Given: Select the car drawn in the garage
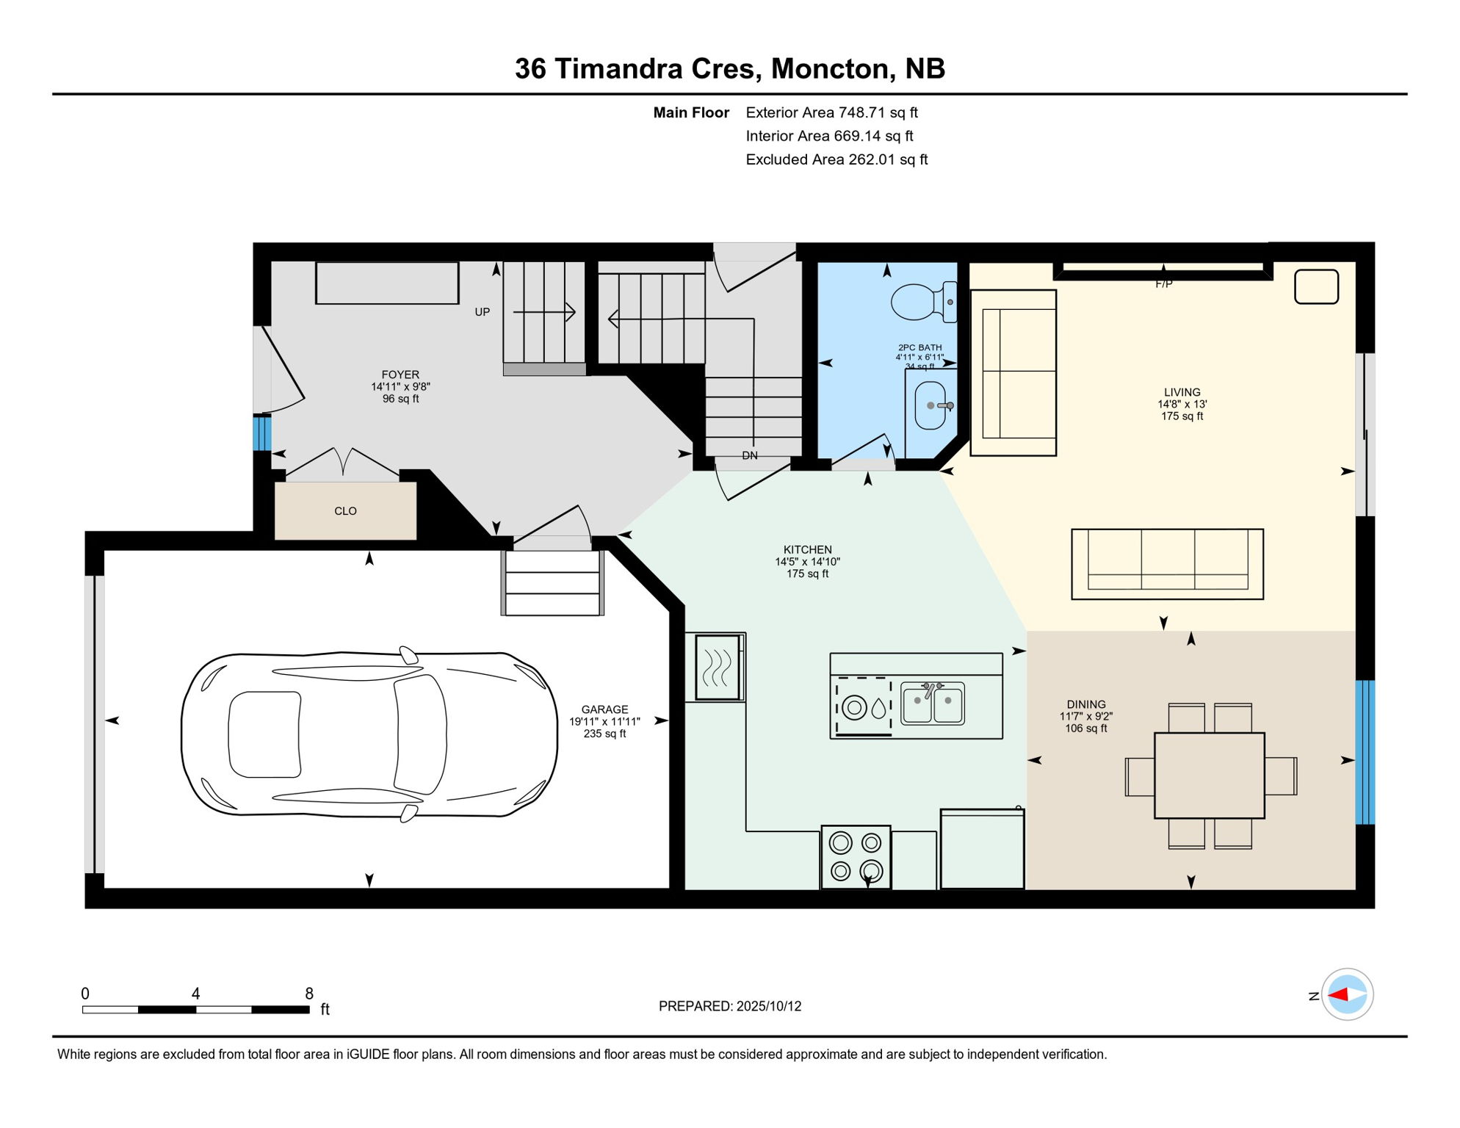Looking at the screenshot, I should coord(369,734).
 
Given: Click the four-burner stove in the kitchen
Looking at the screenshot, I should coord(856,857).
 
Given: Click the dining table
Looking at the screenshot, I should coord(1209,775).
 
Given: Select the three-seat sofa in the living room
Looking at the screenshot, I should coord(1167,563).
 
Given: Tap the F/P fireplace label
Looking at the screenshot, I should coord(1163,284).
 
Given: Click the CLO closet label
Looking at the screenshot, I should coord(345,511).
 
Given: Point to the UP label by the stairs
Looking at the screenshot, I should coord(482,312).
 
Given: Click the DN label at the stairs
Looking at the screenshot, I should coord(749,456).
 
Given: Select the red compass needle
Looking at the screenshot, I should coord(1338,995).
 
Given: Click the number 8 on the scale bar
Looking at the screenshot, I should coord(309,994).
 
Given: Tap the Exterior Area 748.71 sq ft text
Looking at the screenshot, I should coord(831,112).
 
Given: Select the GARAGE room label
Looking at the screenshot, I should coord(604,709).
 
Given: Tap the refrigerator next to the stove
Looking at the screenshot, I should coord(982,849).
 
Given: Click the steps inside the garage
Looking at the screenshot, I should coord(552,583).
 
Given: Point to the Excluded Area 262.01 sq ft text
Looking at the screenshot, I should coord(836,159).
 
